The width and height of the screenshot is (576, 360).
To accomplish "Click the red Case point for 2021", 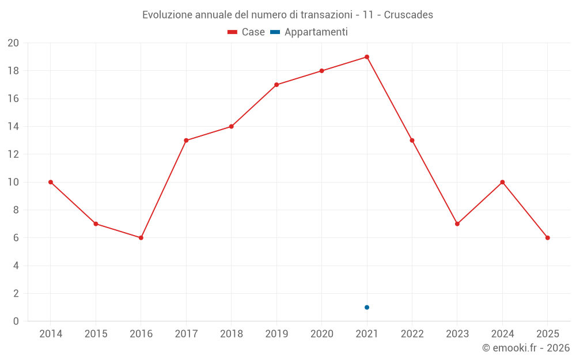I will pyautogui.click(x=367, y=57).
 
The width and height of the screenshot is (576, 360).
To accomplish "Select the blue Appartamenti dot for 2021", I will pyautogui.click(x=367, y=307).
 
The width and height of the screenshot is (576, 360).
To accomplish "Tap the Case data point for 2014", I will pyautogui.click(x=51, y=182).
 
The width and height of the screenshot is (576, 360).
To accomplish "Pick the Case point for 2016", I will pyautogui.click(x=141, y=238).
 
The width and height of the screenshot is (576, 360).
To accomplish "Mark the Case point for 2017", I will pyautogui.click(x=186, y=141).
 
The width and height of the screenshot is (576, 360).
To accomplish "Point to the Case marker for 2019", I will pyautogui.click(x=276, y=85).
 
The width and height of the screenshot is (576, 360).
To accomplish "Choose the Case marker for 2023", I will pyautogui.click(x=457, y=224).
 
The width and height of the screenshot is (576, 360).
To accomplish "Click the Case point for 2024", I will pyautogui.click(x=502, y=182).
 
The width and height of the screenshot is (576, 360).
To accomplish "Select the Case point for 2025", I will pyautogui.click(x=547, y=238).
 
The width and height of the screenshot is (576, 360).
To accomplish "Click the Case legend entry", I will pyautogui.click(x=247, y=32).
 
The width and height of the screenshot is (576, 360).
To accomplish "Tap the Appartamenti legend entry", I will pyautogui.click(x=309, y=32).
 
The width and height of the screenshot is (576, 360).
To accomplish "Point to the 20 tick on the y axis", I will pyautogui.click(x=13, y=43).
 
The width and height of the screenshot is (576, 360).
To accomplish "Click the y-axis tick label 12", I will pyautogui.click(x=13, y=154).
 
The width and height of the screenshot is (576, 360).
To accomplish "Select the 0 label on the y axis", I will pyautogui.click(x=16, y=321).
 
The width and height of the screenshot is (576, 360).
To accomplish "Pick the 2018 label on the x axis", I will pyautogui.click(x=232, y=334).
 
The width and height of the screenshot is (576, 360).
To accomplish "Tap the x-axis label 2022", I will pyautogui.click(x=412, y=334).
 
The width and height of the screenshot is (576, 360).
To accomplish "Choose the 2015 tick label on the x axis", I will pyautogui.click(x=96, y=334).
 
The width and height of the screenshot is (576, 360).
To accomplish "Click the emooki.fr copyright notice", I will pyautogui.click(x=526, y=348).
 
